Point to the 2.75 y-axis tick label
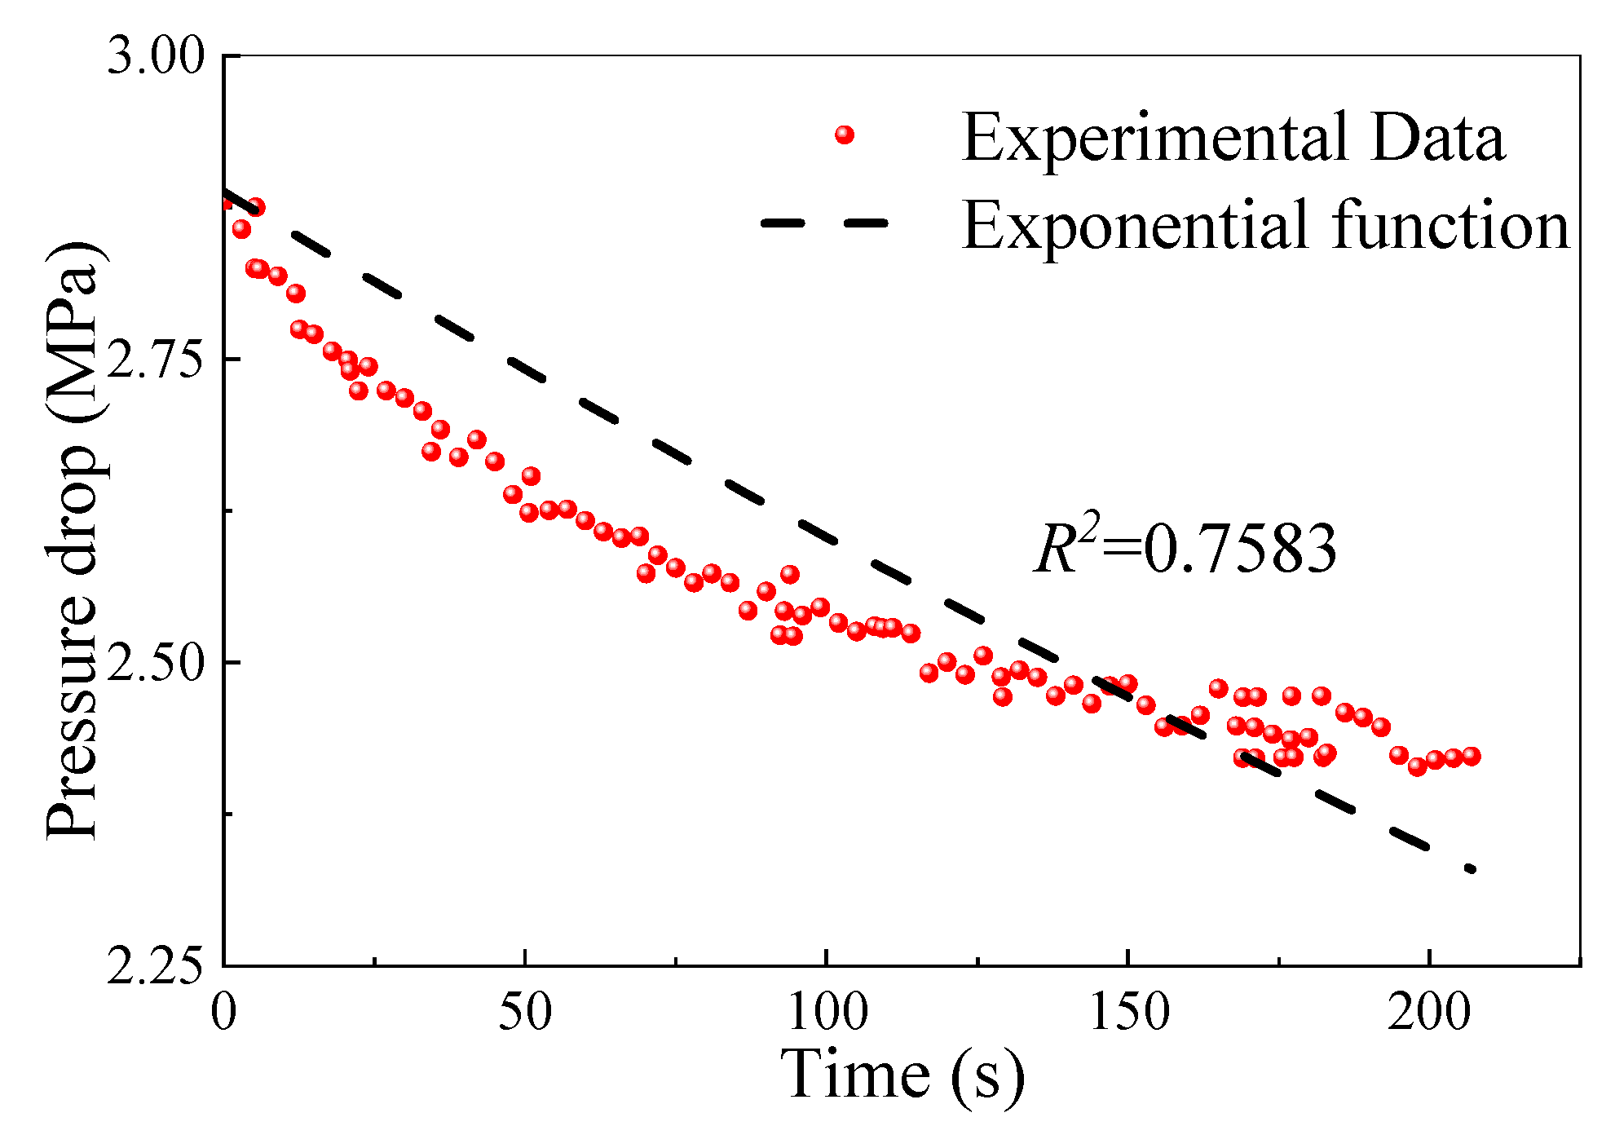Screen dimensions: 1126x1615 click(x=156, y=360)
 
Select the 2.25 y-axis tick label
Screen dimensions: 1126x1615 click(x=156, y=967)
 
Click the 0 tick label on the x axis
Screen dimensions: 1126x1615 click(x=223, y=1013)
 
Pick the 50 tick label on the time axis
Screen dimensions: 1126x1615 click(x=525, y=1013)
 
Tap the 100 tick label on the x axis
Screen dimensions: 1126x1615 click(x=827, y=1013)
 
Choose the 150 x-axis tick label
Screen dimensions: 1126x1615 click(x=1128, y=1013)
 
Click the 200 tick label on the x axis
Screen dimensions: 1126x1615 click(x=1429, y=1013)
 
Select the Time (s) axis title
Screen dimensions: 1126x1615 click(x=902, y=1075)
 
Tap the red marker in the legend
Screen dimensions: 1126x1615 click(x=845, y=135)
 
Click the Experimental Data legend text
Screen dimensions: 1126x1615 click(x=1233, y=138)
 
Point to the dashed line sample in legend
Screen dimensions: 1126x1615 click(x=823, y=223)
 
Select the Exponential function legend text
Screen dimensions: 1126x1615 click(x=1265, y=225)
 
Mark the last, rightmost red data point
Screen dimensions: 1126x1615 click(x=1471, y=756)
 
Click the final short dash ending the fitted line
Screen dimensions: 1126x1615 click(x=1470, y=869)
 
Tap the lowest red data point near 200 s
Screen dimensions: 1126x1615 click(x=1417, y=766)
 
